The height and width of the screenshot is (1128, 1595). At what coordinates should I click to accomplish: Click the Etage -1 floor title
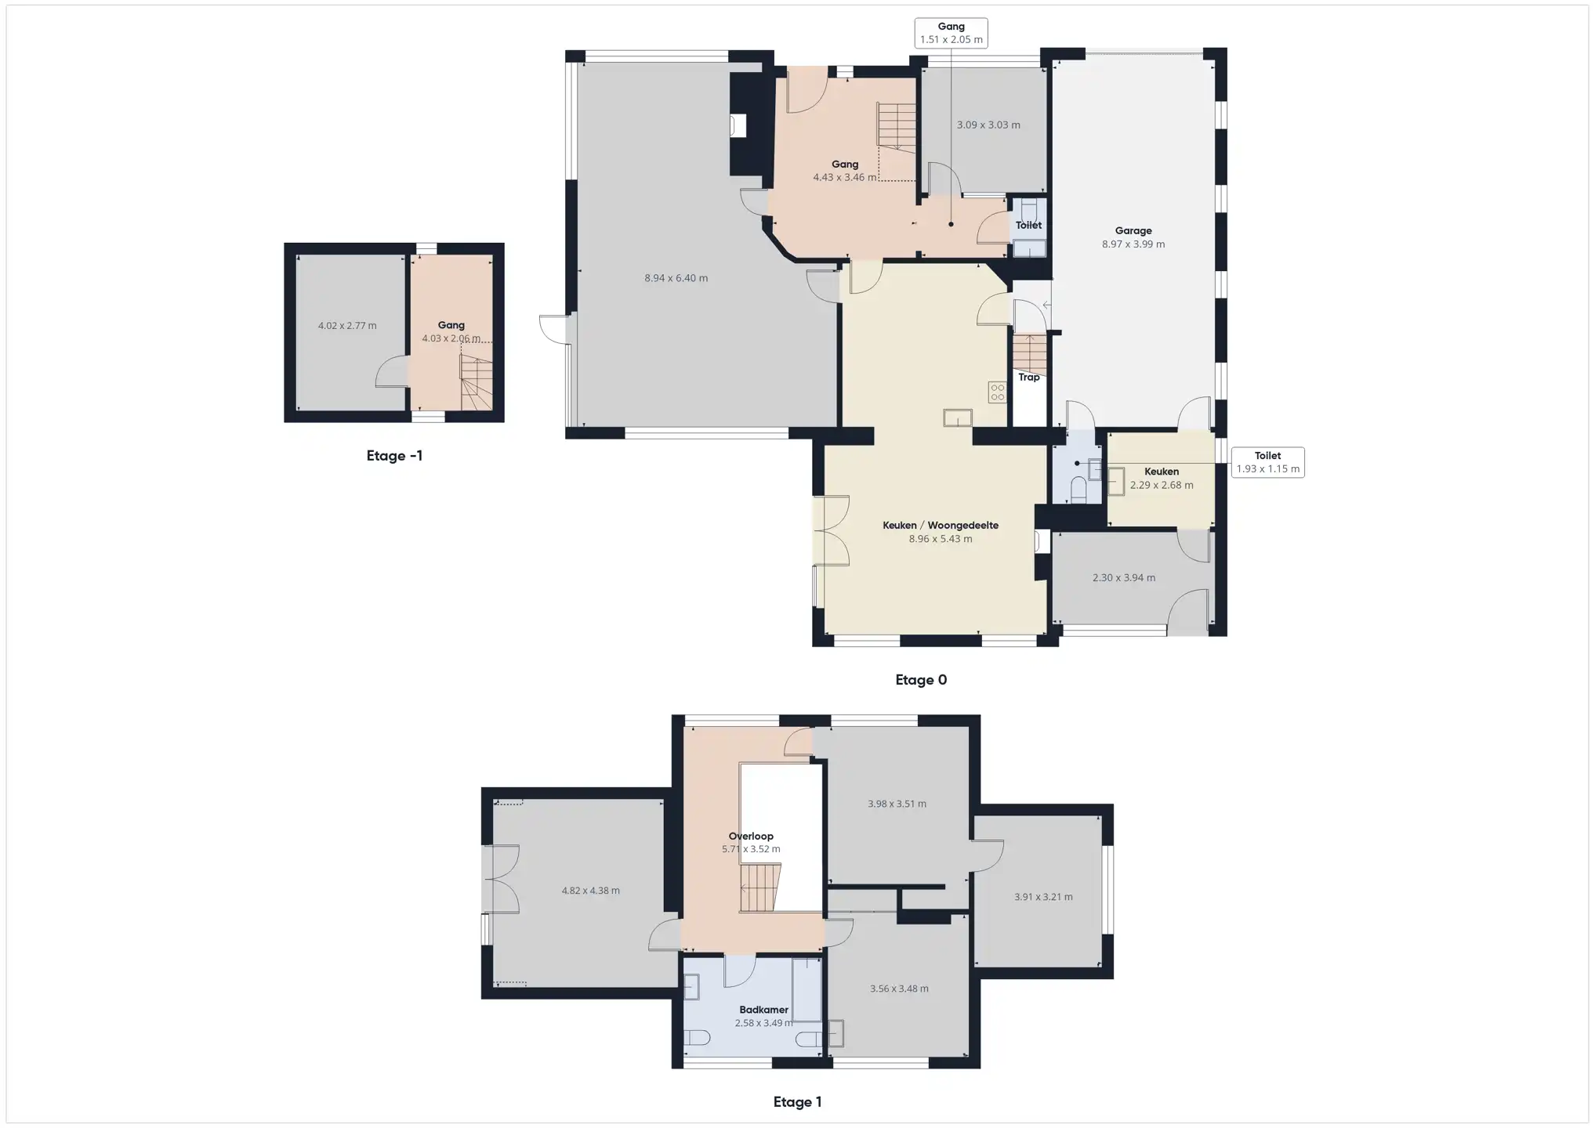pyautogui.click(x=394, y=456)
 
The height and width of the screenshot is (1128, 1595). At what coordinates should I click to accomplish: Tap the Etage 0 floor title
pyautogui.click(x=921, y=680)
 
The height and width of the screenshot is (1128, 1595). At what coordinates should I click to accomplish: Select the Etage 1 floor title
pyautogui.click(x=797, y=1102)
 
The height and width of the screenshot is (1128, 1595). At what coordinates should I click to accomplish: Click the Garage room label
pyautogui.click(x=1133, y=231)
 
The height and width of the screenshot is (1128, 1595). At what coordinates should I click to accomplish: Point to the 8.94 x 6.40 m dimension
pyautogui.click(x=676, y=278)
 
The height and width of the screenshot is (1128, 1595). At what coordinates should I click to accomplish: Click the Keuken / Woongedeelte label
pyautogui.click(x=941, y=526)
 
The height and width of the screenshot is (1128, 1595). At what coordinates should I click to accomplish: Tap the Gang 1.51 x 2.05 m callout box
pyautogui.click(x=951, y=33)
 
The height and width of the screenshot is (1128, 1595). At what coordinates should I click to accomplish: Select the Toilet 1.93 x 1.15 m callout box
pyautogui.click(x=1267, y=462)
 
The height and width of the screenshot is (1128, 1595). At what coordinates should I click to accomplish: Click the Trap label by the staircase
pyautogui.click(x=1029, y=378)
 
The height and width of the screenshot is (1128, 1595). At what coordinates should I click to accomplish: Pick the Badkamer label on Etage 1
pyautogui.click(x=763, y=1010)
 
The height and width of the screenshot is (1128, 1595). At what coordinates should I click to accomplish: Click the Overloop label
pyautogui.click(x=751, y=837)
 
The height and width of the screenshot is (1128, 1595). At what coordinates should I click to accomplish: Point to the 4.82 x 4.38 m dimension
pyautogui.click(x=590, y=891)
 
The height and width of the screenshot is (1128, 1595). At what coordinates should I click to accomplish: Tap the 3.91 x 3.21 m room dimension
pyautogui.click(x=1043, y=897)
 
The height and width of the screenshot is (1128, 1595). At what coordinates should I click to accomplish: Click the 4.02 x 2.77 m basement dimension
pyautogui.click(x=347, y=326)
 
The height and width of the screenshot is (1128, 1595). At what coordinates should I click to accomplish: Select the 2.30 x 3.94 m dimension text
pyautogui.click(x=1123, y=578)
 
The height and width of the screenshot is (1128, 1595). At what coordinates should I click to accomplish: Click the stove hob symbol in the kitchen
pyautogui.click(x=997, y=392)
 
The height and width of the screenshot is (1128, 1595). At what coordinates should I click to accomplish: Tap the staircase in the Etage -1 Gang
pyautogui.click(x=476, y=383)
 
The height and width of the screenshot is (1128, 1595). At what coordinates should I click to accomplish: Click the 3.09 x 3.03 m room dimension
pyautogui.click(x=988, y=125)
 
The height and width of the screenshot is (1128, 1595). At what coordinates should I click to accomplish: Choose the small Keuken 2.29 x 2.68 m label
pyautogui.click(x=1162, y=478)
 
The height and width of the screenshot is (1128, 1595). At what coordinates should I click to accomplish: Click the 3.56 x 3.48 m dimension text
pyautogui.click(x=899, y=989)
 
